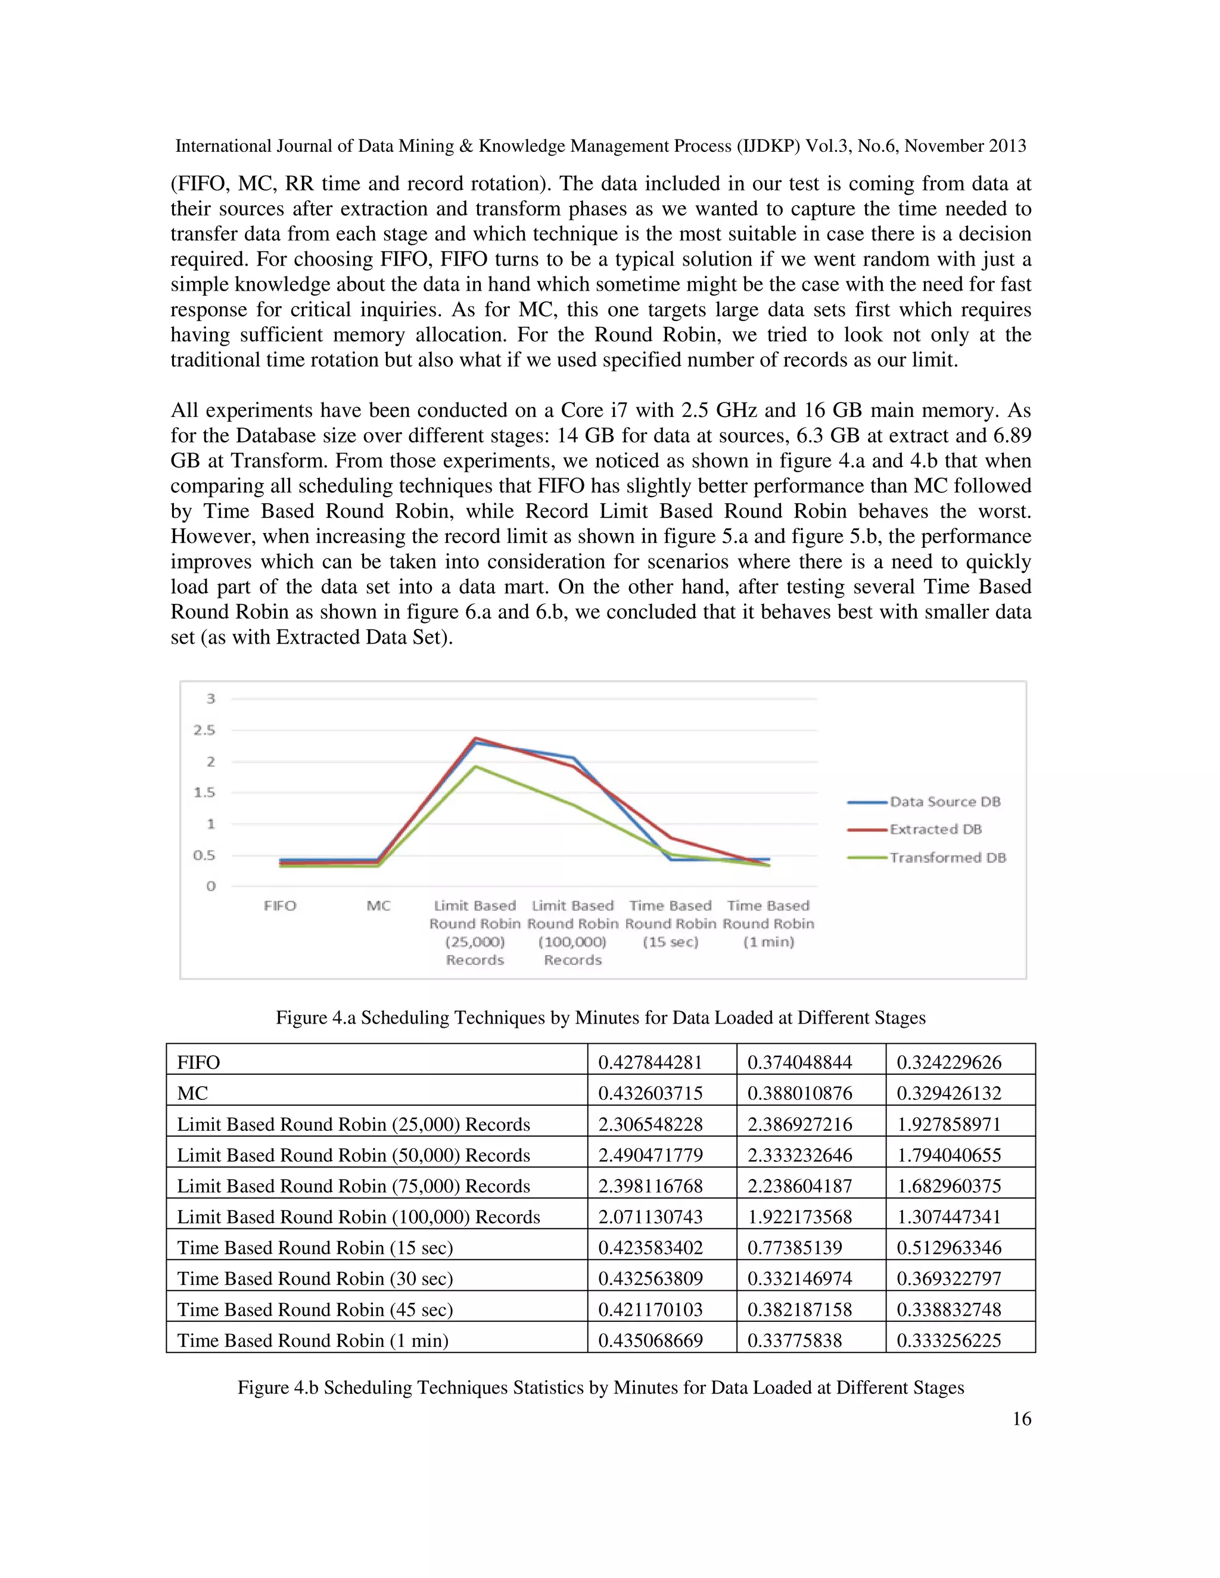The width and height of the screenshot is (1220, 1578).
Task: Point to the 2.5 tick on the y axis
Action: pos(204,730)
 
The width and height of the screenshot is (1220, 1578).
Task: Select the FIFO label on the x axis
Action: pos(280,906)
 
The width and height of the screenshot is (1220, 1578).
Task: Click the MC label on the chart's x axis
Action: pos(378,906)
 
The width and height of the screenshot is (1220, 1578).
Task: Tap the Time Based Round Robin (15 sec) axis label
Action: pos(670,924)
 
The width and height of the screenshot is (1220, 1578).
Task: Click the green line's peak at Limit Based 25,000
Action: pos(475,766)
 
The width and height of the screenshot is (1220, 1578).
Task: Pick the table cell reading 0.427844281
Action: pos(650,1062)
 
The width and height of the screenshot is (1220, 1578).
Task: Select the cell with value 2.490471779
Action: pos(650,1155)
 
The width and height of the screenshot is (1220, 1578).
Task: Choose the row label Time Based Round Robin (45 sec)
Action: pos(315,1309)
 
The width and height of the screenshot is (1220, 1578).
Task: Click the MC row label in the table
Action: pos(193,1093)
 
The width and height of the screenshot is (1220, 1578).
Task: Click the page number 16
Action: pos(1021,1418)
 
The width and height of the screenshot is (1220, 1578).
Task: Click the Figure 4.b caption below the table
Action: pos(600,1387)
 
